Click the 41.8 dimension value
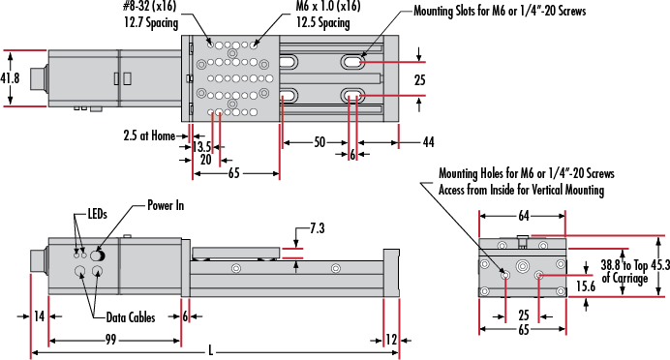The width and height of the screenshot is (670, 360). coord(10,78)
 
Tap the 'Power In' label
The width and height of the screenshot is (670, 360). coord(166,205)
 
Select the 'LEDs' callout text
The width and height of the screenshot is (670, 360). coord(97,214)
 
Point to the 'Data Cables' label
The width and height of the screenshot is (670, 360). coord(131,317)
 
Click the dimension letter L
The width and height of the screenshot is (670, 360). coord(211,351)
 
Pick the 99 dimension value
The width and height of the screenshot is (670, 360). coord(110,340)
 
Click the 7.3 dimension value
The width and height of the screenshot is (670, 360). coord(317,229)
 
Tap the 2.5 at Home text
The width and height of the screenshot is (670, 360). coord(149,135)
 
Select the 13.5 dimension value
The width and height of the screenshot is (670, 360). coord(201,147)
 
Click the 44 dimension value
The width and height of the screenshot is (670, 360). coord(429,142)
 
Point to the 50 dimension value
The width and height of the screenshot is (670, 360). coord(320,142)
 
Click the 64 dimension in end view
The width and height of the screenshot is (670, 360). coord(524,216)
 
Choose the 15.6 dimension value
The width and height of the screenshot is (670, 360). coord(586,285)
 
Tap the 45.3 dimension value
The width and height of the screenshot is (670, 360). coord(660,265)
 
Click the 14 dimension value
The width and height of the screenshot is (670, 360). coord(39,316)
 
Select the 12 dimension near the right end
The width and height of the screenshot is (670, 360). coord(391,340)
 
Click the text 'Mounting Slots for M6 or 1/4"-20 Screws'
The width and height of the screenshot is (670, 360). coord(500,11)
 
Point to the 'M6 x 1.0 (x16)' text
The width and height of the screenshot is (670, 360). coord(328,6)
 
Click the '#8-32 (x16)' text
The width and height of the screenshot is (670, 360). coord(149,6)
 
